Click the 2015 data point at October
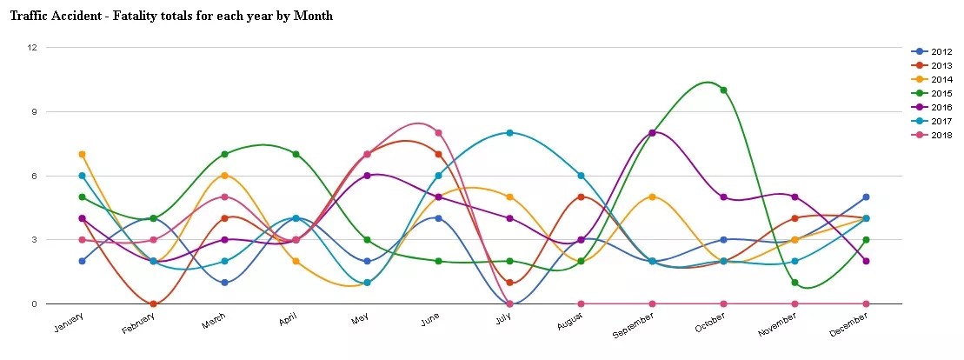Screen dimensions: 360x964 [723, 90]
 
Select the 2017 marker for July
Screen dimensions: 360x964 [509, 133]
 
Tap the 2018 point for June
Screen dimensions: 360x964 [439, 133]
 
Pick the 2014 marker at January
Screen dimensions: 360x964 [82, 154]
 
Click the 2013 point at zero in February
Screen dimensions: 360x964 [153, 303]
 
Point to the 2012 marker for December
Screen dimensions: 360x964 [866, 197]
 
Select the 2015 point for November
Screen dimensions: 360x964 [794, 283]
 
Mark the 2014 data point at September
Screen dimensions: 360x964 [652, 197]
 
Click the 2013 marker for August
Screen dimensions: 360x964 [581, 197]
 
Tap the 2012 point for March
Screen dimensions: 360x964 [224, 283]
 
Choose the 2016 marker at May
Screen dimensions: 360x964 [367, 176]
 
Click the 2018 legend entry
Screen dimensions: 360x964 [941, 135]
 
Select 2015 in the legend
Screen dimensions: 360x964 [941, 93]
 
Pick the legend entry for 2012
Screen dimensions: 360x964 [941, 51]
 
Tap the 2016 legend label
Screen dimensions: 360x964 [941, 107]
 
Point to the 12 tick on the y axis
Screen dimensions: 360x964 [31, 47]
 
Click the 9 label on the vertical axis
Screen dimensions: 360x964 [33, 111]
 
